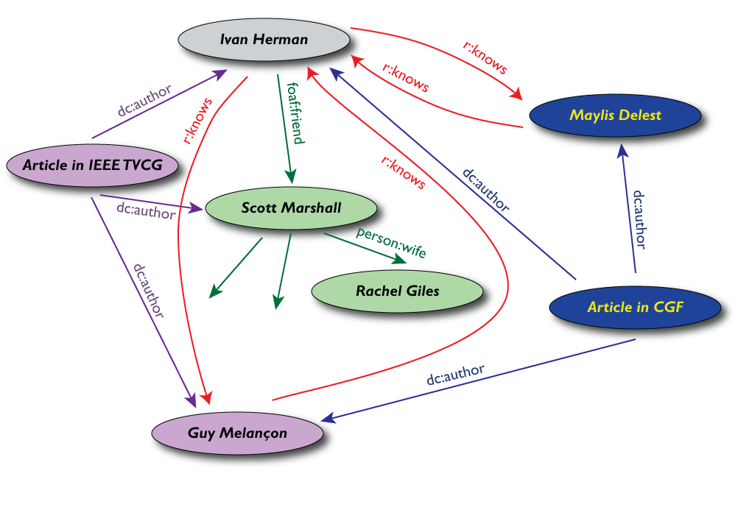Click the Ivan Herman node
(x=264, y=39)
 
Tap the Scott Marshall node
(x=291, y=208)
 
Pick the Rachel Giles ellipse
(x=398, y=291)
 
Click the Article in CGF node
(x=635, y=307)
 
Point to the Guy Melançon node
(x=237, y=432)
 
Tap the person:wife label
(x=390, y=241)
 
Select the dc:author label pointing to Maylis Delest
(x=640, y=220)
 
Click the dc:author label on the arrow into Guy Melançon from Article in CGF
(x=456, y=375)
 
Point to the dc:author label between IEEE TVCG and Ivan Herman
(x=144, y=101)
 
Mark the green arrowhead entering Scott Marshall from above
(x=291, y=177)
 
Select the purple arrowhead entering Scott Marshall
(x=197, y=210)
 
